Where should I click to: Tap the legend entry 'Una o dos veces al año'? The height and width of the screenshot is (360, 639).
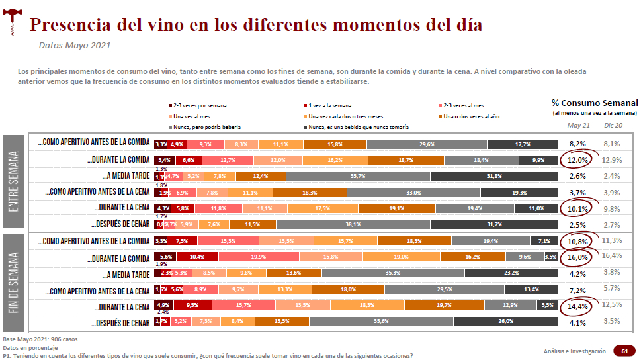click(x=470, y=116)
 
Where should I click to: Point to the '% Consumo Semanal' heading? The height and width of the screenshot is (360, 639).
click(x=595, y=103)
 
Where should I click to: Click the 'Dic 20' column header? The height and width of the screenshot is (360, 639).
click(x=613, y=126)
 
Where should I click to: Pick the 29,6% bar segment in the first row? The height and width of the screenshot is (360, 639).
click(x=427, y=144)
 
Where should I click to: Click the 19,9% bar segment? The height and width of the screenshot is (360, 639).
click(x=259, y=257)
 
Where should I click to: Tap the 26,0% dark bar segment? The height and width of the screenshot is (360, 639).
click(x=506, y=321)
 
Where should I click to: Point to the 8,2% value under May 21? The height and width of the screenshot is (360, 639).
click(x=577, y=144)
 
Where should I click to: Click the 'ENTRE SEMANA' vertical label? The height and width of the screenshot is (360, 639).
click(x=15, y=181)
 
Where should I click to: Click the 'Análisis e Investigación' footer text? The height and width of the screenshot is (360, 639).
click(x=574, y=351)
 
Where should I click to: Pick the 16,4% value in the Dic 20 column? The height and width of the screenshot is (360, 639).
click(x=613, y=255)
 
